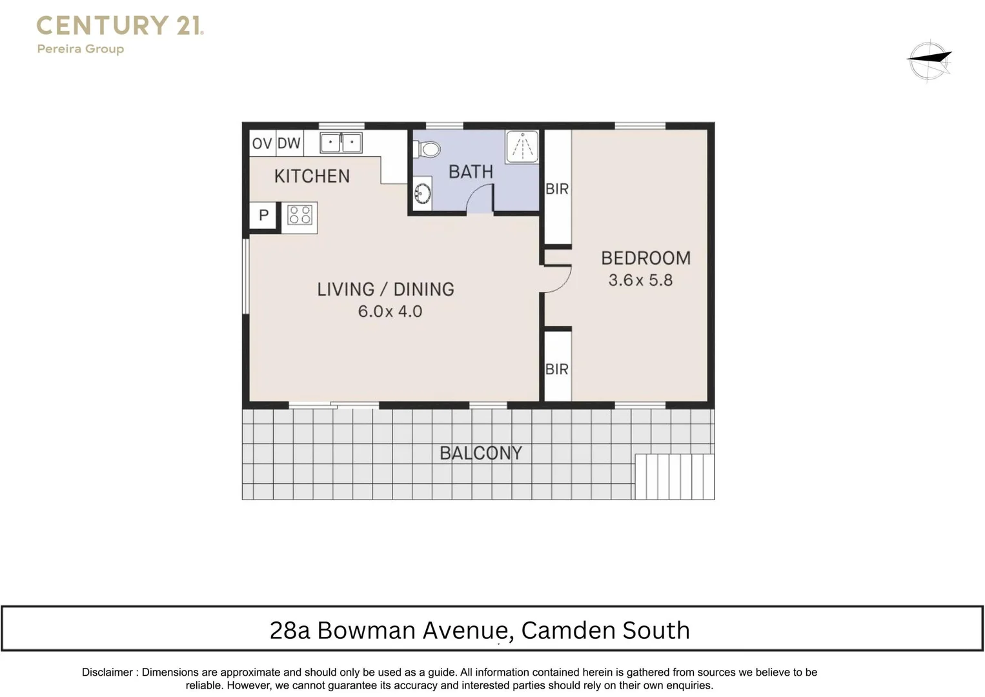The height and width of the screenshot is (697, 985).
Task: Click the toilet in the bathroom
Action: [x=429, y=150]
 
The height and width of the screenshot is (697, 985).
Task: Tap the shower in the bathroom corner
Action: [x=522, y=147]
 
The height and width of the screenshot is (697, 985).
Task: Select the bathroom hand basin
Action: [x=423, y=193]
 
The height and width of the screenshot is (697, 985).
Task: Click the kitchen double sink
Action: [x=341, y=142]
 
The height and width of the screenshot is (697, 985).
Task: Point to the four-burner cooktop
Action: [x=300, y=215]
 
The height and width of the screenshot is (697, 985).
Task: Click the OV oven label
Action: [x=262, y=143]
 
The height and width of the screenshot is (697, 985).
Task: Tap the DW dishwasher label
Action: [x=289, y=143]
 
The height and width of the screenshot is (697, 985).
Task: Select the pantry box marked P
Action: [x=263, y=215]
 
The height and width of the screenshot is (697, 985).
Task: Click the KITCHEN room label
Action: [x=312, y=176]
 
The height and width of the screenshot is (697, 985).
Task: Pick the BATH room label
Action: [x=471, y=172]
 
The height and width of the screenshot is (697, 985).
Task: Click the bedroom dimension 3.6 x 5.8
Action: [x=640, y=280]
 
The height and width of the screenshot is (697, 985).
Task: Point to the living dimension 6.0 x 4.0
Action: [x=390, y=311]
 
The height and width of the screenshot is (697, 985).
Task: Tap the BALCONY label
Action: [x=481, y=453]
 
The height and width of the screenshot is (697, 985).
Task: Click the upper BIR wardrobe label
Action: [x=557, y=189]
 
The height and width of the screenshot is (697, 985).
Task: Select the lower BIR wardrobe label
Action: [x=557, y=369]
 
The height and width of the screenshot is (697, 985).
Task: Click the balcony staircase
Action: [x=675, y=477]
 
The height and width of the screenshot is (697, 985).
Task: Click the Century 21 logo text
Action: [x=120, y=26]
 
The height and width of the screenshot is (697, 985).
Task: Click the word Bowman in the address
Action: [x=366, y=630]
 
